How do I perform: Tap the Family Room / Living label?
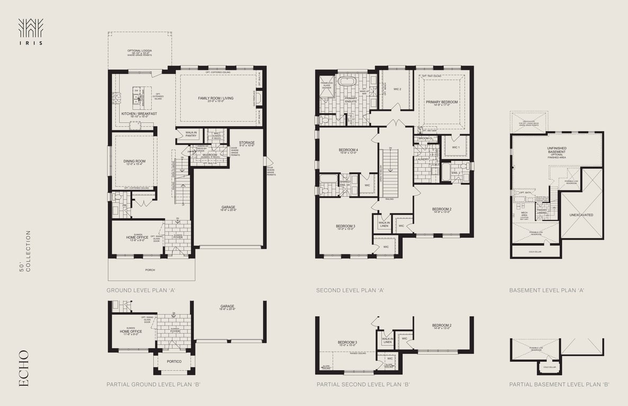click(x=216, y=98)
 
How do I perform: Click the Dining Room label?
click(x=134, y=162)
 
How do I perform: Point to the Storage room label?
click(x=247, y=143)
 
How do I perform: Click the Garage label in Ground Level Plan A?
click(x=229, y=208)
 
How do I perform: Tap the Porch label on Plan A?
click(x=151, y=270)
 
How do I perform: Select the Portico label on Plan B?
click(x=174, y=362)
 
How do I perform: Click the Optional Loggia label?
click(x=140, y=51)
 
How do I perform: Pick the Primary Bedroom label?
click(x=442, y=102)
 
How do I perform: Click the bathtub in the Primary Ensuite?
click(x=347, y=82)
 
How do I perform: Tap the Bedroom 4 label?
click(x=348, y=150)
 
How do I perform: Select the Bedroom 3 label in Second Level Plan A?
click(x=345, y=226)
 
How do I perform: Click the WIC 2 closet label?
click(x=397, y=89)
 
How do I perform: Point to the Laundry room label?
click(x=422, y=159)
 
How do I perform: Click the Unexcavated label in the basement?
click(x=581, y=215)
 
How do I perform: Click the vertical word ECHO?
click(x=24, y=368)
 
